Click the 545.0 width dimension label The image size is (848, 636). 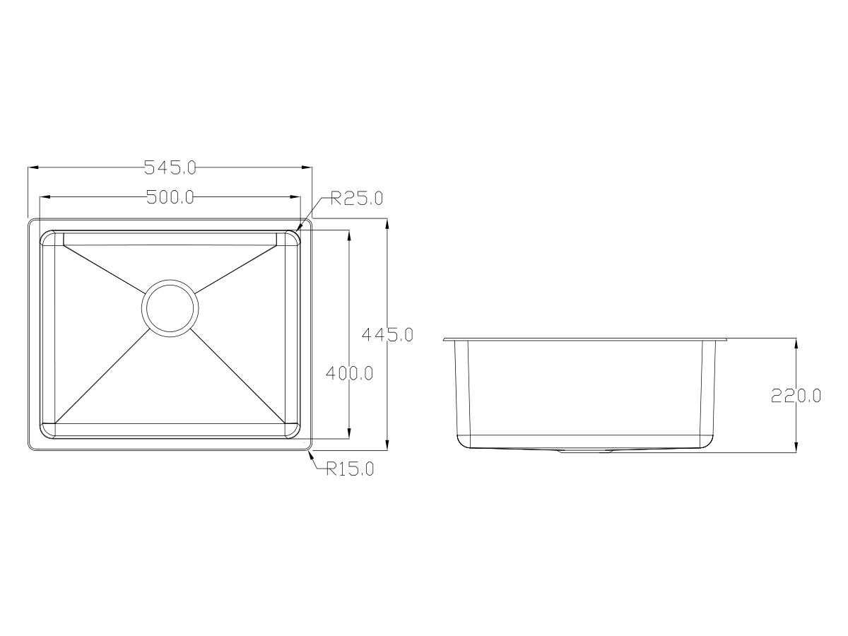(170, 168)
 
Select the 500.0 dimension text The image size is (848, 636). (170, 197)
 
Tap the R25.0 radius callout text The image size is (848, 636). (357, 199)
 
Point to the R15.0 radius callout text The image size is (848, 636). (350, 469)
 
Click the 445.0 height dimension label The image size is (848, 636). (387, 334)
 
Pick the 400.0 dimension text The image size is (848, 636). (349, 372)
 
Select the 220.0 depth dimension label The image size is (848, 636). (796, 396)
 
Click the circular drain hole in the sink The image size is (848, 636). (170, 308)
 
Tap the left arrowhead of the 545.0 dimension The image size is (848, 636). (32, 168)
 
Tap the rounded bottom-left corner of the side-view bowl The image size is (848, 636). (462, 442)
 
